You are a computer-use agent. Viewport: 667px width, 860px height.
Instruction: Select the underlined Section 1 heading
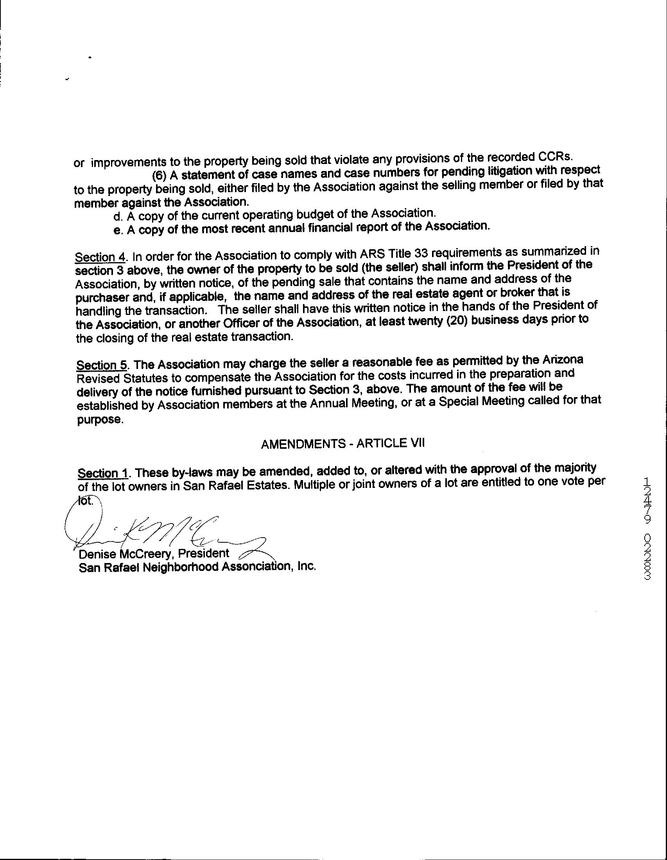[x=104, y=473]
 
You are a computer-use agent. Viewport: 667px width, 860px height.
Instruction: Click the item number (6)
[x=160, y=175]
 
